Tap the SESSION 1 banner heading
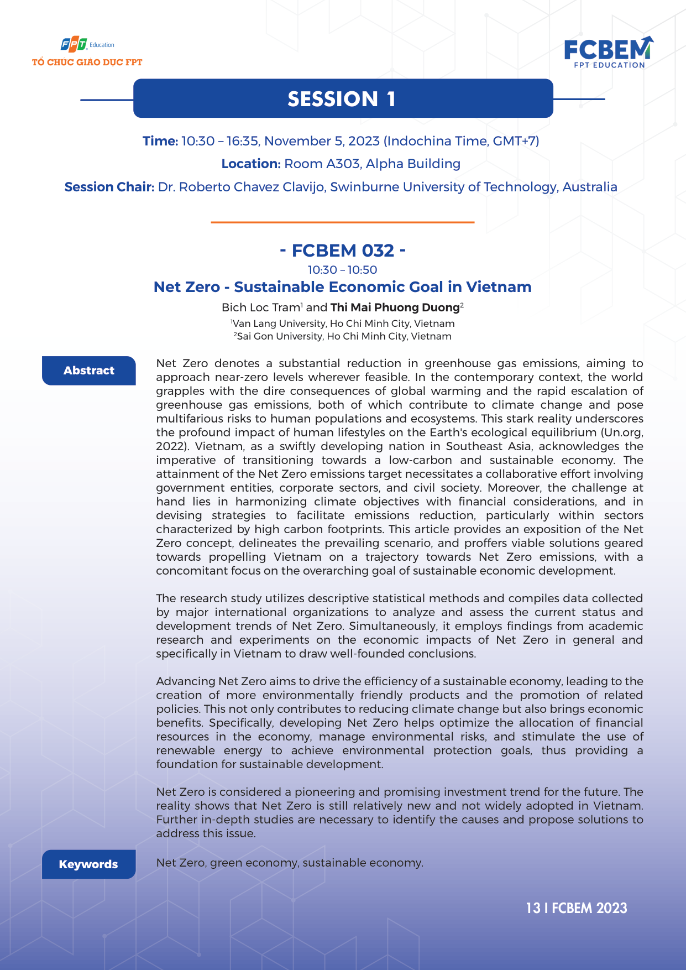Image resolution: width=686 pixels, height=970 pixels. [x=342, y=99]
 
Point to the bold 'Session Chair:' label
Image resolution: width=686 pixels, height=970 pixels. [x=109, y=187]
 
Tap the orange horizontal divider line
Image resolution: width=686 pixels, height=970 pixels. [x=342, y=222]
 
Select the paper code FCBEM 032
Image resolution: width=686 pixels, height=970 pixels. [x=343, y=251]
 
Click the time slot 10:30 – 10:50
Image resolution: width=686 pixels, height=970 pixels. [x=342, y=270]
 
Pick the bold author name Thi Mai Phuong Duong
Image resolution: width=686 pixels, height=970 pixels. [x=395, y=307]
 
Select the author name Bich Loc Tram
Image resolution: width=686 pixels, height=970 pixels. [x=260, y=307]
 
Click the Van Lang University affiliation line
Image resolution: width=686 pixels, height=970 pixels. [x=343, y=324]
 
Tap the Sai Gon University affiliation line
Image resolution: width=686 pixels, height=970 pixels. [x=343, y=336]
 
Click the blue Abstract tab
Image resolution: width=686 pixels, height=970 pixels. [x=89, y=371]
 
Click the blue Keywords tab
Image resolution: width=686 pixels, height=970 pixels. [x=88, y=864]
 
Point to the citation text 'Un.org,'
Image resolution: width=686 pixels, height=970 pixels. [x=623, y=432]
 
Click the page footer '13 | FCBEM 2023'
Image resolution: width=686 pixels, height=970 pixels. [x=577, y=908]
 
